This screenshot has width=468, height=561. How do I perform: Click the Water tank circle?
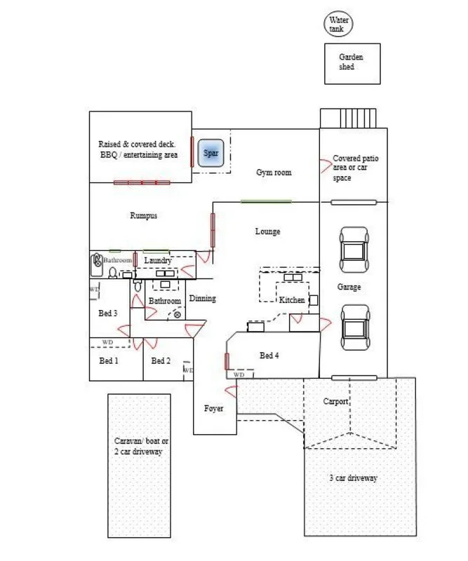pyautogui.click(x=339, y=25)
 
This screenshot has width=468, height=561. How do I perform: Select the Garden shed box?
pyautogui.click(x=352, y=62)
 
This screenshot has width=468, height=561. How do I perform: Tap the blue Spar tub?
pyautogui.click(x=211, y=153)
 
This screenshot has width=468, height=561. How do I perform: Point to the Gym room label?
pyautogui.click(x=273, y=173)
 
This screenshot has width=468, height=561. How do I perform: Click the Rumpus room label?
pyautogui.click(x=143, y=216)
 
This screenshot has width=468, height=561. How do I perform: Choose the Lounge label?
pyautogui.click(x=267, y=231)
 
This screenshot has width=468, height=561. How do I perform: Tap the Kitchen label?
pyautogui.click(x=293, y=300)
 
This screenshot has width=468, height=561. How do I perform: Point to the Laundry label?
pyautogui.click(x=158, y=261)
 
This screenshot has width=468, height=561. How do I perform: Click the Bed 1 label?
pyautogui.click(x=108, y=361)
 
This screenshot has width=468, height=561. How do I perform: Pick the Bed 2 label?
pyautogui.click(x=161, y=361)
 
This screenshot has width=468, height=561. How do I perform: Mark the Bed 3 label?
pyautogui.click(x=108, y=313)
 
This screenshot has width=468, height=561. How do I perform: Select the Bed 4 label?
pyautogui.click(x=269, y=356)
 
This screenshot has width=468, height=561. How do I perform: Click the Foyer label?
pyautogui.click(x=213, y=408)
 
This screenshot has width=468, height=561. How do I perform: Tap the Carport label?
pyautogui.click(x=335, y=403)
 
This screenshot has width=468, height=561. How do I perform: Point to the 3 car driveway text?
pyautogui.click(x=354, y=478)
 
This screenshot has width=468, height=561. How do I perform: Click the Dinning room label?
pyautogui.click(x=203, y=299)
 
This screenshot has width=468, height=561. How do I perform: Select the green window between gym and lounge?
pyautogui.click(x=266, y=201)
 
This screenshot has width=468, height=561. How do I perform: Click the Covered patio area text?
pyautogui.click(x=356, y=168)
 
